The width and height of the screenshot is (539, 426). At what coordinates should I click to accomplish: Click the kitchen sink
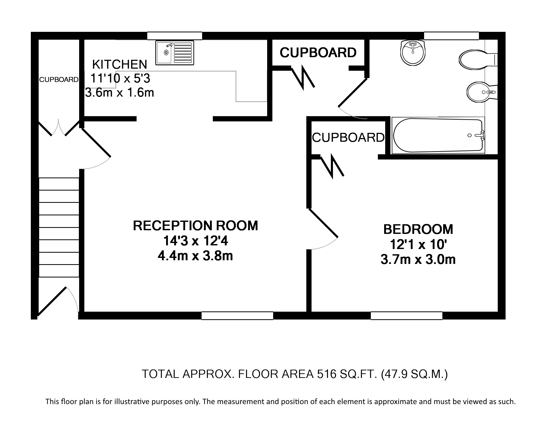tap(175, 52)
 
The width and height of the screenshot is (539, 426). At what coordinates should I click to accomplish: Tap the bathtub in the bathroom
tap(438, 135)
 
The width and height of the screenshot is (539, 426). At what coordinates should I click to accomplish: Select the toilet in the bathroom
tap(478, 60)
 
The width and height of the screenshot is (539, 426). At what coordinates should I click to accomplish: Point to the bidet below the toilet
tap(482, 92)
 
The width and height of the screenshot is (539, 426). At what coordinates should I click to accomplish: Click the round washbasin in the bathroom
tap(413, 53)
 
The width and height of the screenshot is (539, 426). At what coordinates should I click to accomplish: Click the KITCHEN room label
tap(120, 64)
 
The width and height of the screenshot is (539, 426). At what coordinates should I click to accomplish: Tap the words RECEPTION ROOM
tap(195, 226)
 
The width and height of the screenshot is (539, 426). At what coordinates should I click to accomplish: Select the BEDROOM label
tap(418, 229)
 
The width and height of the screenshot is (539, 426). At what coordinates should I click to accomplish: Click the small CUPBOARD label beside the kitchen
tap(59, 80)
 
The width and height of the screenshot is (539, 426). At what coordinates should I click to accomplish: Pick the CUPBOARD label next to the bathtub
tap(348, 137)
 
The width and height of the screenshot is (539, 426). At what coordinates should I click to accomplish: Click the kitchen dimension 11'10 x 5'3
tap(120, 78)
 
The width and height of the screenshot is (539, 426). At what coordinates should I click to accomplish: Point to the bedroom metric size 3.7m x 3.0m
tap(418, 259)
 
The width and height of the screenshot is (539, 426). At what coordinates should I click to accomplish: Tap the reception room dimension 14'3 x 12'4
tap(195, 241)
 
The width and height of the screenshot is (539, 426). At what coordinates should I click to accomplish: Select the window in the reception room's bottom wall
tap(237, 316)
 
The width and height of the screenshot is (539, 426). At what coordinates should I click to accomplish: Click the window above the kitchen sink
tap(174, 36)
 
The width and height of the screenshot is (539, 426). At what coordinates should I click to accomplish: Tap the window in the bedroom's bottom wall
tap(406, 316)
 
